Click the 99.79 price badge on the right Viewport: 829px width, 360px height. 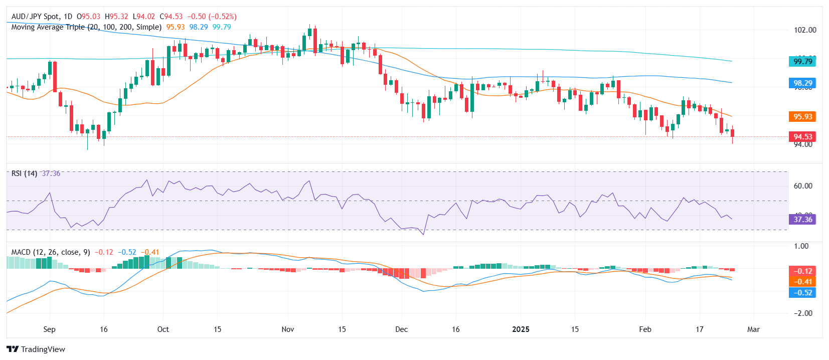click(x=802, y=61)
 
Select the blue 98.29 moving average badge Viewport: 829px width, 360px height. click(x=802, y=83)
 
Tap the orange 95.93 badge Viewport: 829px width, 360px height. click(x=802, y=116)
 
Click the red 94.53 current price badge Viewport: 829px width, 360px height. click(x=802, y=136)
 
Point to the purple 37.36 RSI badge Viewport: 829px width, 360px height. click(x=802, y=219)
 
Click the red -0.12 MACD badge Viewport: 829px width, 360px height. click(x=802, y=271)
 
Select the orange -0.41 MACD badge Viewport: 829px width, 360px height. click(x=802, y=281)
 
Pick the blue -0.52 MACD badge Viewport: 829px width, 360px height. click(x=802, y=292)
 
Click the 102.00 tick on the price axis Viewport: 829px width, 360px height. click(x=805, y=30)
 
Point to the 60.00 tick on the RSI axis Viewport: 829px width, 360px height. click(x=803, y=186)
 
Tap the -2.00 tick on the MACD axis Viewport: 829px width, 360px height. click(x=803, y=313)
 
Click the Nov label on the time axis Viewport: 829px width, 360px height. click(x=288, y=329)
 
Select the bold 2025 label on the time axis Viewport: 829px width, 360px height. click(x=521, y=329)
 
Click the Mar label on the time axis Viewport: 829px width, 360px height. click(x=753, y=329)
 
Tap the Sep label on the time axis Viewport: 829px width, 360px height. click(x=49, y=329)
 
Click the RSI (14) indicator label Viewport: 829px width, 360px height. click(x=24, y=173)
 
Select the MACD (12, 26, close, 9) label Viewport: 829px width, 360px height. click(x=51, y=252)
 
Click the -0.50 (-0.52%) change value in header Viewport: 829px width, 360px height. click(x=212, y=17)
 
